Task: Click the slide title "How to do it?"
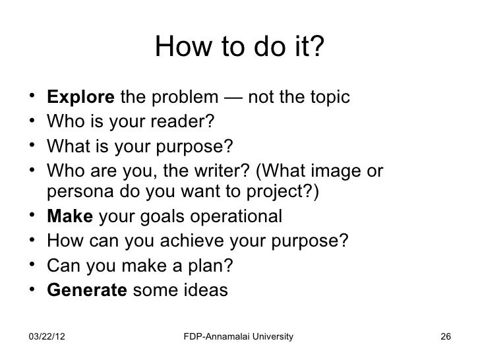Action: pos(240,47)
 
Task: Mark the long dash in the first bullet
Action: pos(233,98)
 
